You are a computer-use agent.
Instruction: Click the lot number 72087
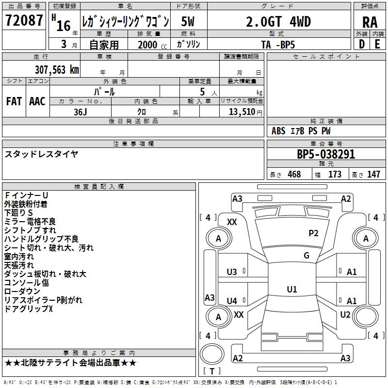pos(24,21)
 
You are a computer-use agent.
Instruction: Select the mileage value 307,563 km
pos(57,70)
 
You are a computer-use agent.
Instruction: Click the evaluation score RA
pos(370,22)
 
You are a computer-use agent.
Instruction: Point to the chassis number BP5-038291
pos(325,155)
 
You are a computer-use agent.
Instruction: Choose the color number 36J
pos(81,111)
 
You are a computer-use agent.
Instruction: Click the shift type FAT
pos(14,101)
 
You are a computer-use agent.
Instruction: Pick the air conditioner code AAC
pos(37,101)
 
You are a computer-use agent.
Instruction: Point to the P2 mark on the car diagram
pos(313,233)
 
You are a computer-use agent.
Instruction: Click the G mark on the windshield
pos(306,256)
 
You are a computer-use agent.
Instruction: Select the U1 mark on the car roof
pos(291,290)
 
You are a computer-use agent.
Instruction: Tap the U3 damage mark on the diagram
pos(232,272)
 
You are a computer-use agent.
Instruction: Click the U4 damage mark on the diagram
pos(232,301)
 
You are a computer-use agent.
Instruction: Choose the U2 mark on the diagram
pos(345,315)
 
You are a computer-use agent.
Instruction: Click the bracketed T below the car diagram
pos(211,371)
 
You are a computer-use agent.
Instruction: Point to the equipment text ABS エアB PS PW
pos(301,131)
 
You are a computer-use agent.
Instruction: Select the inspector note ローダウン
pos(22,291)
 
